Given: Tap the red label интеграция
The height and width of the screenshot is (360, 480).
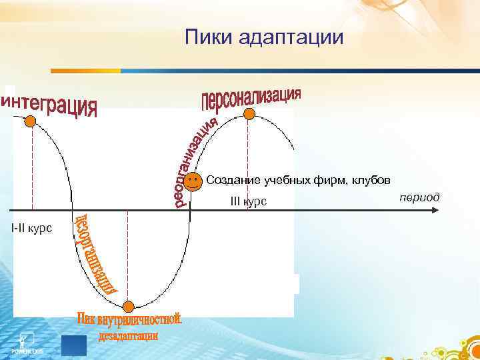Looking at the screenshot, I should pyautogui.click(x=50, y=106).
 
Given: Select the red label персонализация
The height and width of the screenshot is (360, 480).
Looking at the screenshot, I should pyautogui.click(x=251, y=97).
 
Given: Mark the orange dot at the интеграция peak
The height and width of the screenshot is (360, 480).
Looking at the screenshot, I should pyautogui.click(x=31, y=121).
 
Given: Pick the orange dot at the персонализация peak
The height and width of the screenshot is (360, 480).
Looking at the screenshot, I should pyautogui.click(x=249, y=114).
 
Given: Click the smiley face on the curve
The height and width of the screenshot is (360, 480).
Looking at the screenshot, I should pyautogui.click(x=192, y=181).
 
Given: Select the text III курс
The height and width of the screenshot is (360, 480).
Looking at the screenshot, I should pyautogui.click(x=248, y=201).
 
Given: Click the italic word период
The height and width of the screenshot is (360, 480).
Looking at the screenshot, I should pyautogui.click(x=419, y=197).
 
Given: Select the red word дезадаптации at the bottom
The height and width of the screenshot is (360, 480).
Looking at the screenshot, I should pyautogui.click(x=128, y=336).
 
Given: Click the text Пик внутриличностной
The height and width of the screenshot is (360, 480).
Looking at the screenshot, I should pyautogui.click(x=129, y=321).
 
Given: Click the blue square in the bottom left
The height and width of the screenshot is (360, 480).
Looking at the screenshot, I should pyautogui.click(x=73, y=346).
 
